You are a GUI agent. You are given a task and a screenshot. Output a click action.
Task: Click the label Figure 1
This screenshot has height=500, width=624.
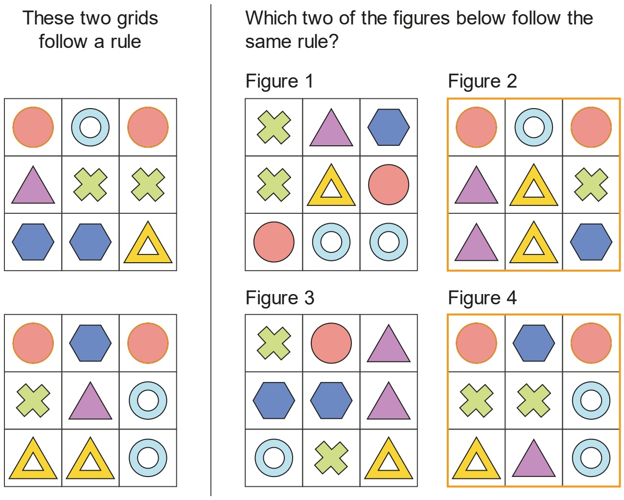279,82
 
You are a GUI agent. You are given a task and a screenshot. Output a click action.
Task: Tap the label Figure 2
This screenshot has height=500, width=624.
482,82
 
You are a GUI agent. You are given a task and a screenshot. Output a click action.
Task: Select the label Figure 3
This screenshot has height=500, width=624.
279,298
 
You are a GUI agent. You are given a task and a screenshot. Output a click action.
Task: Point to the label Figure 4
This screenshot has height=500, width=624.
482,298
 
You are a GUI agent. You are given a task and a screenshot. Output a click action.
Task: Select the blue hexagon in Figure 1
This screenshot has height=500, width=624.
389,127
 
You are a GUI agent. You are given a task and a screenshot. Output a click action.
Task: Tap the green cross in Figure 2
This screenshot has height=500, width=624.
591,184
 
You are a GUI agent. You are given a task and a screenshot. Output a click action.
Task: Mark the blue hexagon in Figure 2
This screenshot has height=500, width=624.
591,242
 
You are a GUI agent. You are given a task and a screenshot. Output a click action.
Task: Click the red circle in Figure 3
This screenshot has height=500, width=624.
331,343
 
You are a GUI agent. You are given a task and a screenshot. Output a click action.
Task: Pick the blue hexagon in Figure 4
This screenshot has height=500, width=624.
533,343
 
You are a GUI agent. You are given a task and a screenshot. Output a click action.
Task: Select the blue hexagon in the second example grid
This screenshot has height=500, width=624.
90,343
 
